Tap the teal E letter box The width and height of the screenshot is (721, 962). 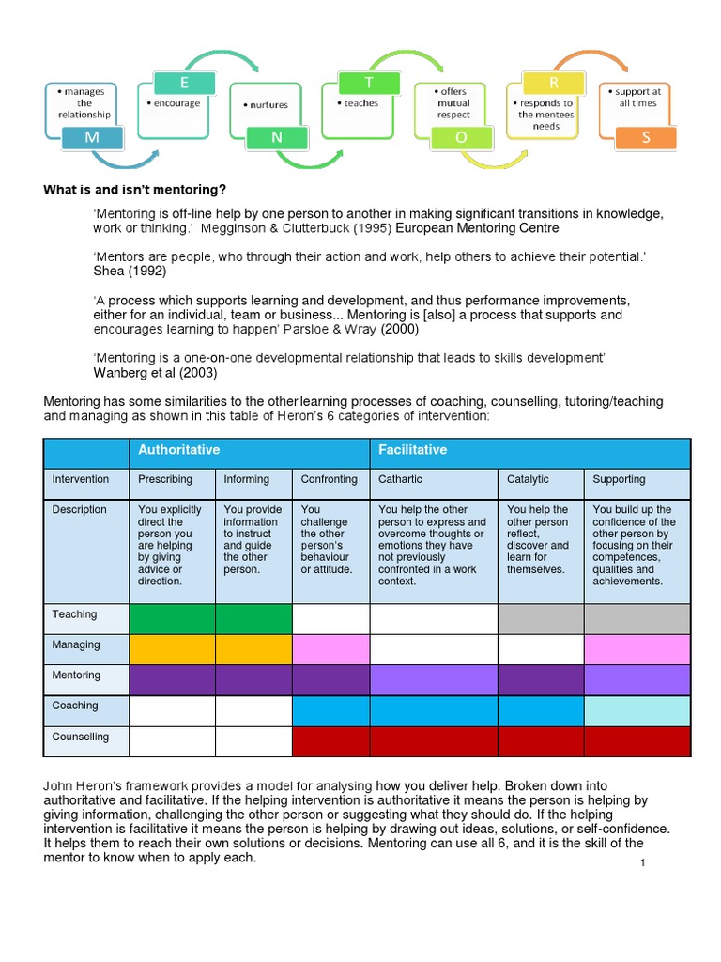pyautogui.click(x=184, y=58)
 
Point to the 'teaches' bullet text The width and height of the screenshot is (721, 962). pyautogui.click(x=360, y=103)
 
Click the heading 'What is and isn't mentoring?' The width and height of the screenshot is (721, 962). pyautogui.click(x=135, y=190)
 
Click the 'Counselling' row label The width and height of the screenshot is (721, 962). pyautogui.click(x=81, y=737)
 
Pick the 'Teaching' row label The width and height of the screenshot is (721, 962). pyautogui.click(x=75, y=614)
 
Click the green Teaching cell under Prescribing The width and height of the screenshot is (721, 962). pyautogui.click(x=172, y=619)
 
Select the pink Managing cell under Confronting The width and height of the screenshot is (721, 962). pyautogui.click(x=330, y=649)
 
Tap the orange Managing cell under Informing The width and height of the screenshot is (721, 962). pyautogui.click(x=253, y=649)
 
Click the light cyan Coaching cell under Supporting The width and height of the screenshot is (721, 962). pyautogui.click(x=637, y=710)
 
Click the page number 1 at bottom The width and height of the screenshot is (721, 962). pyautogui.click(x=641, y=862)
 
